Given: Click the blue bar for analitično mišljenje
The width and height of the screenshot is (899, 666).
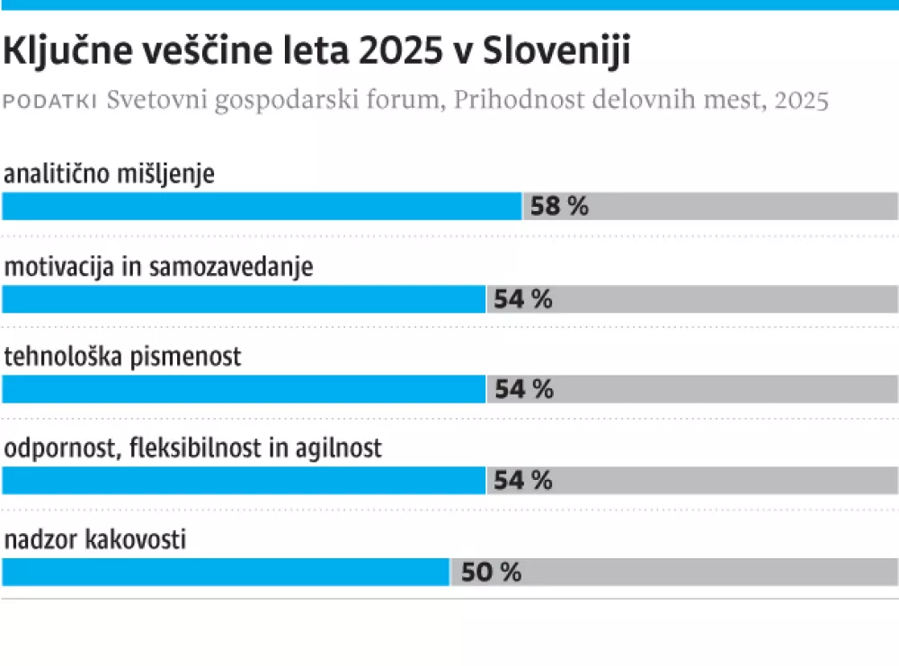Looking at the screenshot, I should (262, 207).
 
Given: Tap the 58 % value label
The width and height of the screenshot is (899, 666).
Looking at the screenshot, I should (559, 207).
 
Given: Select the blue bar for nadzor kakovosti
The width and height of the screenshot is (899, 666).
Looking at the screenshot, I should (226, 573).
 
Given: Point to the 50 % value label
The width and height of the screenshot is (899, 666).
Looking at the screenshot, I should (491, 573).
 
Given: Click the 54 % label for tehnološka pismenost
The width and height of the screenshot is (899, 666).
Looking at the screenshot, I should (523, 389).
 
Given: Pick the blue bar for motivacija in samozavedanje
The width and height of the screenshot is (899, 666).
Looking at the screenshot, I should (244, 299).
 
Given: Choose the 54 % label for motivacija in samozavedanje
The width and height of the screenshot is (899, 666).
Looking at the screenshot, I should (523, 299).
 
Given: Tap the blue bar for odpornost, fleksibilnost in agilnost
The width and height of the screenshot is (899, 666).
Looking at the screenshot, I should (244, 481).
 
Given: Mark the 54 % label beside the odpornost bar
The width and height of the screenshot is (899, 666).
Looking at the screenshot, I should (523, 481).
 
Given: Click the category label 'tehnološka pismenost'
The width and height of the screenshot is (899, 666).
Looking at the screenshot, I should (123, 357).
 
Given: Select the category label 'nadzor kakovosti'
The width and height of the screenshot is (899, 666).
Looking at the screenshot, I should (95, 540).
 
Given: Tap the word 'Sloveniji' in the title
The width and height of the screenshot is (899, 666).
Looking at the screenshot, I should (556, 52).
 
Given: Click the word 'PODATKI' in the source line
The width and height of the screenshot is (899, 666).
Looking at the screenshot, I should (50, 102).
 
